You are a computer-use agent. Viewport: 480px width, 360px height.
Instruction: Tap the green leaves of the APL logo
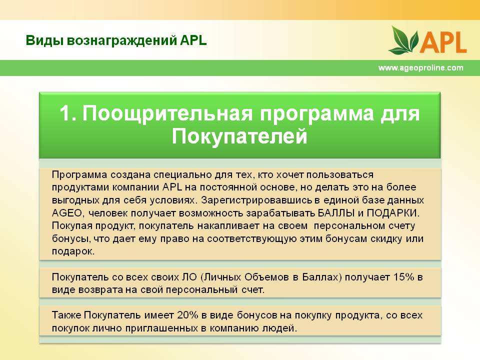coord(404,40)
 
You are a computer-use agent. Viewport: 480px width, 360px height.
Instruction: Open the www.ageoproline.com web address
coord(421,67)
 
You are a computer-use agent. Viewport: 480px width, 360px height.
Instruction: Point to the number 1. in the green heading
coord(67,113)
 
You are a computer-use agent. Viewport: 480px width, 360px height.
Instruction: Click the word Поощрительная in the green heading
coord(167,114)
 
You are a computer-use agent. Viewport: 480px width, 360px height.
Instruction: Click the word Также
coord(66,315)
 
